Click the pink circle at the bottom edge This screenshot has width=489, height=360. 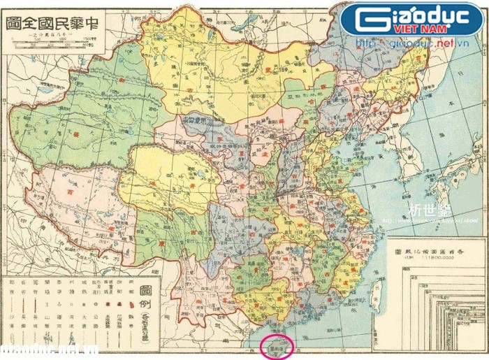(277, 347)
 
